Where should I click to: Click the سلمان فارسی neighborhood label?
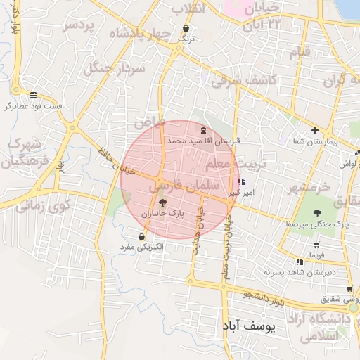tap(175, 186)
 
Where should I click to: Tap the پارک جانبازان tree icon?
tap(163, 202)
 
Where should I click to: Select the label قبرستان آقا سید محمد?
tap(203, 141)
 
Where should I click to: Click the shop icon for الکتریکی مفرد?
tap(143, 236)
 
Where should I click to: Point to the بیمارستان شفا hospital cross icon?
tap(316, 130)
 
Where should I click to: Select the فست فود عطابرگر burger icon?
tap(34, 96)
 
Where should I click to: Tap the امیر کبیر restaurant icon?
tap(243, 181)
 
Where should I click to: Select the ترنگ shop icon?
tap(186, 30)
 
